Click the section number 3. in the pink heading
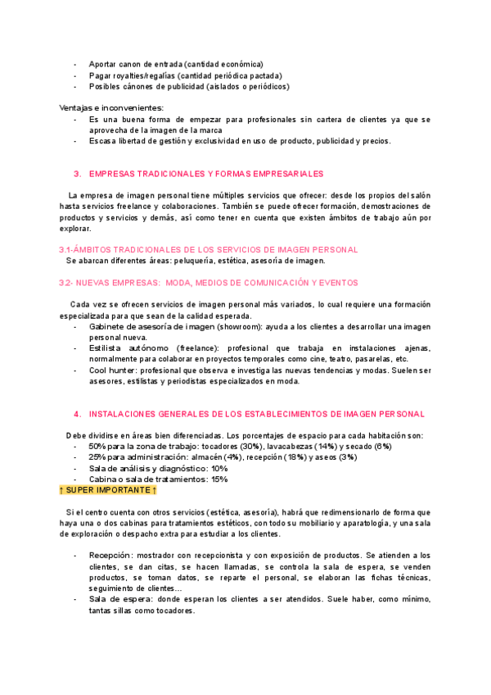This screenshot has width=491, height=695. [77, 174]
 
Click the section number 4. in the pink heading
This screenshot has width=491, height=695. [77, 414]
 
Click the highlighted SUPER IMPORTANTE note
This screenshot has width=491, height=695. [107, 490]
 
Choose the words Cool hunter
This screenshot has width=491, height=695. [113, 370]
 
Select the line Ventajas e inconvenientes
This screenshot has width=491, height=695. [111, 107]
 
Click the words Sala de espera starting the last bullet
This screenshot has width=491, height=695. [120, 599]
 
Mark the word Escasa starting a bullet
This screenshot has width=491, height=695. [103, 140]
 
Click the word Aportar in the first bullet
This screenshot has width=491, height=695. [104, 64]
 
